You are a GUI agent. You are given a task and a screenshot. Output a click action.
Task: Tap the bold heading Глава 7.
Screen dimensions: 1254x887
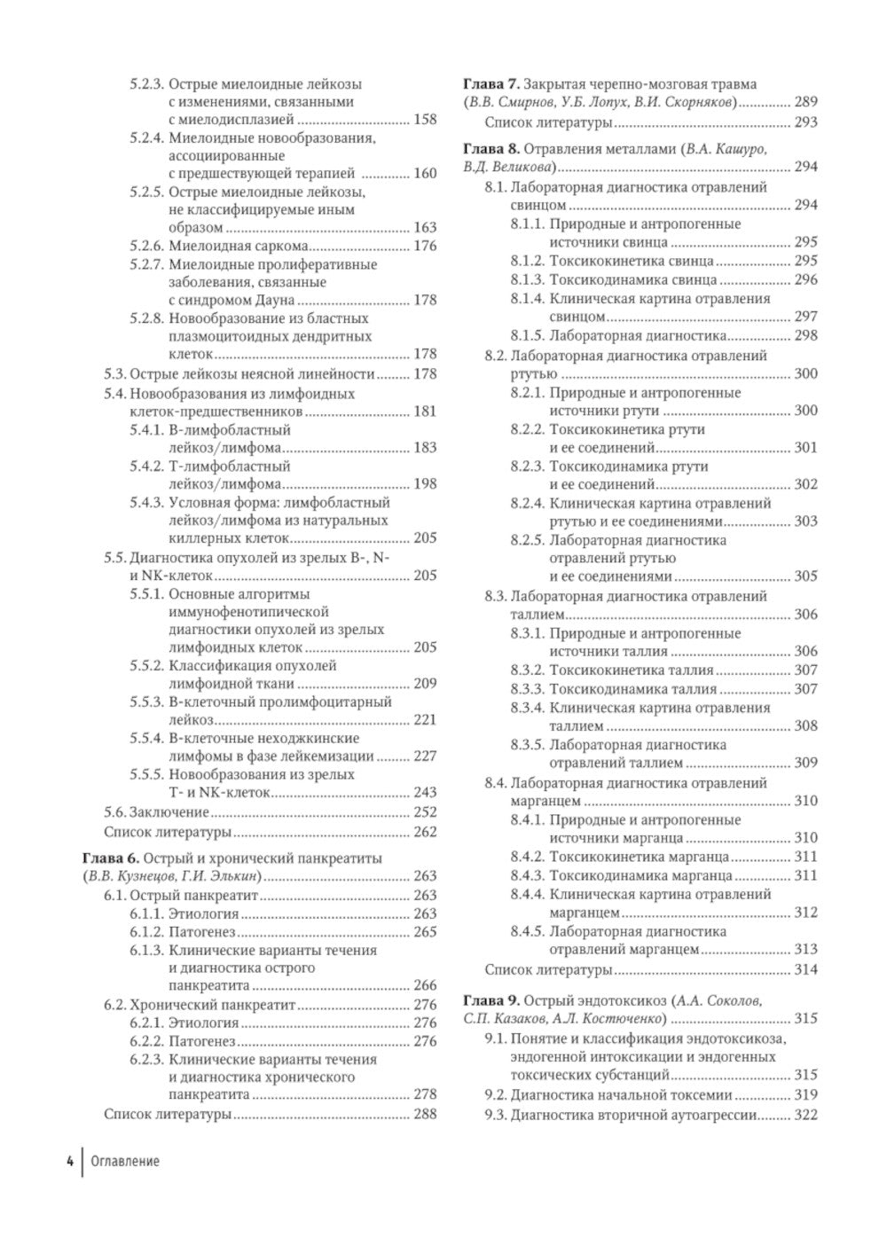(491, 84)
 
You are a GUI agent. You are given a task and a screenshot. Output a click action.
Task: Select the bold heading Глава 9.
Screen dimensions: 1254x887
(491, 1001)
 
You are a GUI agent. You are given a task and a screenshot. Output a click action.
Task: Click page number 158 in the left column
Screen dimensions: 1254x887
(425, 120)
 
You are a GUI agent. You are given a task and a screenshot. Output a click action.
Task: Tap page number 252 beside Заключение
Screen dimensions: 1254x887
(425, 811)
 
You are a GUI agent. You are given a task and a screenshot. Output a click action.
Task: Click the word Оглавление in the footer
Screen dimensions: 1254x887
(125, 1161)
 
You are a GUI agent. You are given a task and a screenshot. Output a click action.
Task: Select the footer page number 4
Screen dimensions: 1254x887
(68, 1161)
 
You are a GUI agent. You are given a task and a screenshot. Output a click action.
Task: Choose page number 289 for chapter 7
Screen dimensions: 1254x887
(805, 102)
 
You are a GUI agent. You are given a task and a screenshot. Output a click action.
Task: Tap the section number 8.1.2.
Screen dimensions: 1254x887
(528, 261)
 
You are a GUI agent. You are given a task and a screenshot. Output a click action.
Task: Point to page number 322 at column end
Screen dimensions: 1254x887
(805, 1115)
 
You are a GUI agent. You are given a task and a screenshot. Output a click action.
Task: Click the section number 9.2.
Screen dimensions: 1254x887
(496, 1094)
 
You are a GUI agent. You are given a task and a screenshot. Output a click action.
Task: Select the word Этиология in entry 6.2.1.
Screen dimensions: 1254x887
(204, 1023)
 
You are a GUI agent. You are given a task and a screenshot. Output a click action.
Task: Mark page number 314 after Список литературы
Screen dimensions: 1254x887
(805, 969)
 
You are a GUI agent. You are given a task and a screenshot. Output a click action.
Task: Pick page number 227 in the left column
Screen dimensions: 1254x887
(425, 756)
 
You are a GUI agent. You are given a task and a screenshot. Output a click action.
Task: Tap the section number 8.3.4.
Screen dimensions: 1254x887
(528, 708)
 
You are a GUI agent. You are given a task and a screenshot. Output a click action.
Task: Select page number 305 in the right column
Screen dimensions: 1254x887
(805, 576)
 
